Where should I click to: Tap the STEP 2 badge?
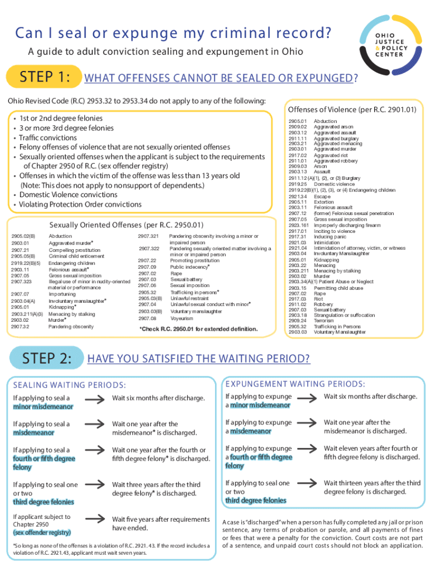(x=47, y=358)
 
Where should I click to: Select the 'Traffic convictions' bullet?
(x=48, y=137)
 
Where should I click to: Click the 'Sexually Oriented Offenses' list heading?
(x=126, y=225)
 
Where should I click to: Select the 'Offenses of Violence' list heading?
(x=352, y=109)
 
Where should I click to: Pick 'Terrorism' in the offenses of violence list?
(x=324, y=321)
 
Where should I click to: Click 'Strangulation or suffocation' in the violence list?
(x=343, y=315)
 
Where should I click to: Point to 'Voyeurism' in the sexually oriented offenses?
(x=182, y=318)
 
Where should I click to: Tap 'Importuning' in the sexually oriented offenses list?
(x=62, y=293)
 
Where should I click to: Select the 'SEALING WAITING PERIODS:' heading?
(x=69, y=385)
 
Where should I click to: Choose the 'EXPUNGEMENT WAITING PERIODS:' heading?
(x=296, y=384)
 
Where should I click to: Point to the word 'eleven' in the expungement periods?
(x=351, y=449)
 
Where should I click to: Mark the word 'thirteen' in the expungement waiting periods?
(x=355, y=483)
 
